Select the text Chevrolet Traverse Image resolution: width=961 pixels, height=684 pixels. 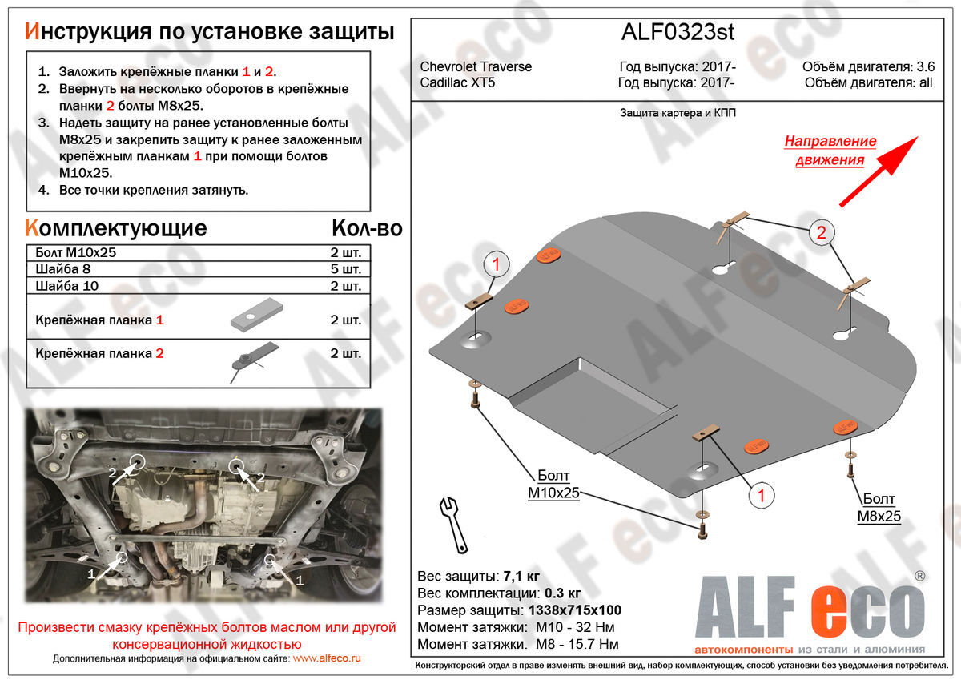(x=476, y=67)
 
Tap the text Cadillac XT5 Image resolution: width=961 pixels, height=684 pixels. (x=457, y=82)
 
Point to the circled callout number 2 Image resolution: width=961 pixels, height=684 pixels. (x=821, y=233)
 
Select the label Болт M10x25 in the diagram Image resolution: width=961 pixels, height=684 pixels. (x=553, y=485)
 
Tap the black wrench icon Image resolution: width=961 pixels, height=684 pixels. (x=453, y=525)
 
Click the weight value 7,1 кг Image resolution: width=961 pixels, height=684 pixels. (x=521, y=577)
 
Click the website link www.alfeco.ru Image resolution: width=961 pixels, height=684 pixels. (x=327, y=658)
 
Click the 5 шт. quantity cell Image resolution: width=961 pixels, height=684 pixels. (x=346, y=269)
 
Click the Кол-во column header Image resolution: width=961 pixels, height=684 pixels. (x=367, y=228)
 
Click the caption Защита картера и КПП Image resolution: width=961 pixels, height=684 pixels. (x=678, y=113)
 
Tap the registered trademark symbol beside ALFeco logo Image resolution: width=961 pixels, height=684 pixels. (x=920, y=576)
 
